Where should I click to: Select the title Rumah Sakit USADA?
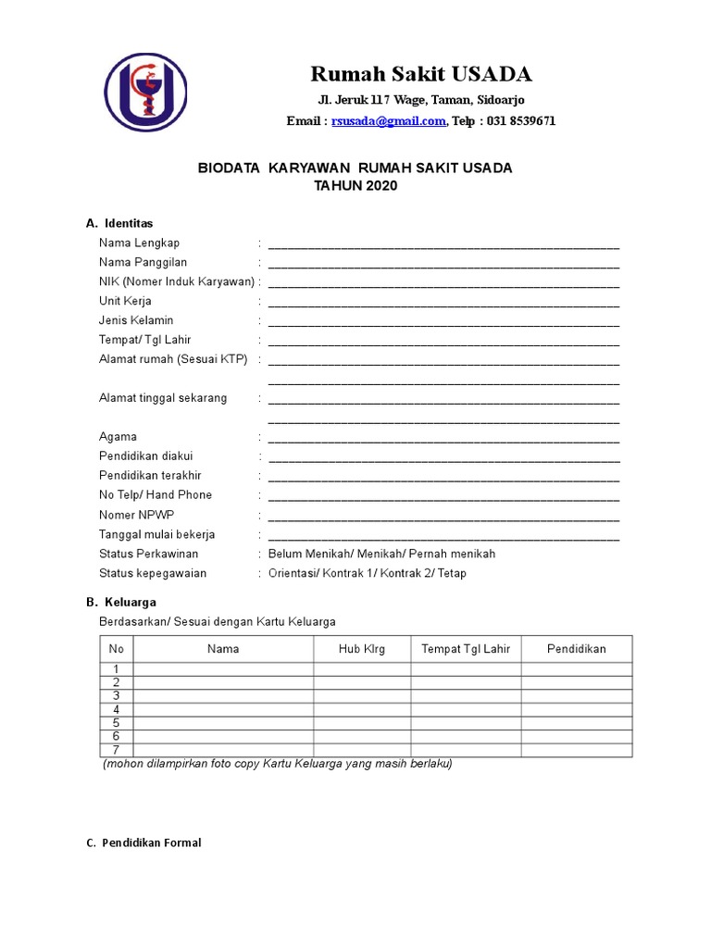click(x=420, y=74)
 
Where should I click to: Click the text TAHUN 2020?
click(x=355, y=186)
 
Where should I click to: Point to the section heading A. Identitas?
click(x=119, y=223)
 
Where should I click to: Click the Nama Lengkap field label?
click(x=139, y=243)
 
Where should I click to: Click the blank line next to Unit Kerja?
click(x=443, y=303)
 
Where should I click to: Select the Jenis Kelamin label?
click(x=136, y=320)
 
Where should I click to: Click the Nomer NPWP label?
click(x=136, y=515)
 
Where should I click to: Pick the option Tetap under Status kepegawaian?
click(x=453, y=573)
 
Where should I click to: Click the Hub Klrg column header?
click(x=362, y=649)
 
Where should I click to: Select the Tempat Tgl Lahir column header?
click(x=466, y=649)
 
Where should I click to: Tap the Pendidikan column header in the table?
click(x=576, y=649)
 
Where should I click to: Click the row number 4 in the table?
click(x=117, y=709)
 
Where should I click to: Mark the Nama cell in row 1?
click(x=223, y=669)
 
